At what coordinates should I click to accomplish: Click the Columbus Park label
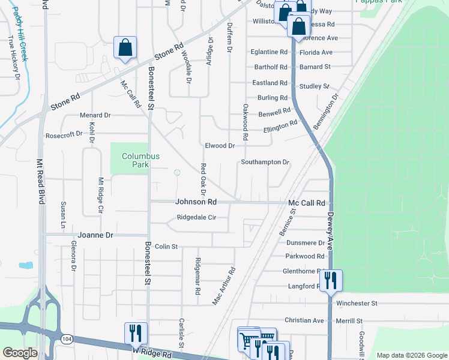[x=140, y=160]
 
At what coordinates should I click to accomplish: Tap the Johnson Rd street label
[x=196, y=202]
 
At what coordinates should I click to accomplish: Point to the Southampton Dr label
[x=265, y=162]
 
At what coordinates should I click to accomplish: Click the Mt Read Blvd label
[x=40, y=181]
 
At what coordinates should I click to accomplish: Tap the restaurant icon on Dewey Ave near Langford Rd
[x=330, y=280]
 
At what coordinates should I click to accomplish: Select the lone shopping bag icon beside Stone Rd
[x=125, y=47]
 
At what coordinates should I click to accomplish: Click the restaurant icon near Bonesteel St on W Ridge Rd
[x=136, y=333]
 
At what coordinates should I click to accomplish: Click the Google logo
[x=20, y=352]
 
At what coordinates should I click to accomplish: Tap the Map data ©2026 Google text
[x=411, y=355]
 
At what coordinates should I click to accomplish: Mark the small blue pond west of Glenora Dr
[x=26, y=265]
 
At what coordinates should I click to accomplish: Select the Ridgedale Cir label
[x=191, y=218]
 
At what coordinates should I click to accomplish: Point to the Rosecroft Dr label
[x=64, y=134]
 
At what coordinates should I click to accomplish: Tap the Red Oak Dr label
[x=203, y=179]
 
